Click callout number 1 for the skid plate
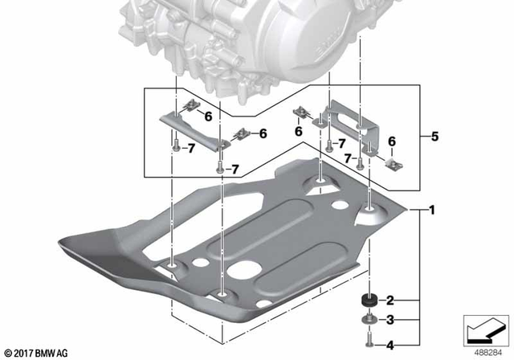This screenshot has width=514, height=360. (x=431, y=211)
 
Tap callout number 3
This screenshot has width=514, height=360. (x=391, y=321)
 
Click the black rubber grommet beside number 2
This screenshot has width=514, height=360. (x=370, y=301)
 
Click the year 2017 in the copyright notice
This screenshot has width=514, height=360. (x=27, y=353)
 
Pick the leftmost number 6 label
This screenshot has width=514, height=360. (x=208, y=116)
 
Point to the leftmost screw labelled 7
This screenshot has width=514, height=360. (x=173, y=148)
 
